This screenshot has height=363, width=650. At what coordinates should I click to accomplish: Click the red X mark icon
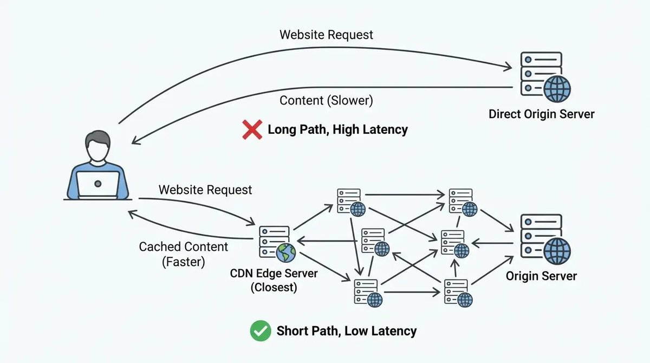252,130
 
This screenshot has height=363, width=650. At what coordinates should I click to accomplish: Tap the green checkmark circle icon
261,330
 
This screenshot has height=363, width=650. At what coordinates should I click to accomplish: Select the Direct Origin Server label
541,114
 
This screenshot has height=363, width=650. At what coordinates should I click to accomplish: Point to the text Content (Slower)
326,100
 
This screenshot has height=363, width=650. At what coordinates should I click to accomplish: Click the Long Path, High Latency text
337,130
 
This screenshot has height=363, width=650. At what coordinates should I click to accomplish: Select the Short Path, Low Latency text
347,331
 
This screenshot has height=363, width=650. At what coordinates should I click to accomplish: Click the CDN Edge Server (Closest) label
274,280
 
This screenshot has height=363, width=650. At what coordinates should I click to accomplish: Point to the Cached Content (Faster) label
184,254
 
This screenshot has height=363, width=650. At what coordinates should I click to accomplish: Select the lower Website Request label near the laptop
205,190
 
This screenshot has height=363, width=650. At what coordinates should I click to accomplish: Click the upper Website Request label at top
326,35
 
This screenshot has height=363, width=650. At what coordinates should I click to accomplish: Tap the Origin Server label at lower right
541,276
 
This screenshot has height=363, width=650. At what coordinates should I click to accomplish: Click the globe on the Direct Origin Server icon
557,89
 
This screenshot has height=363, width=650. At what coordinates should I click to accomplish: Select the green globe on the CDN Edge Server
285,252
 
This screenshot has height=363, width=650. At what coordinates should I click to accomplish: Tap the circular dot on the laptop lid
97,184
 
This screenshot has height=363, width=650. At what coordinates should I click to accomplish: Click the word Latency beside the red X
385,130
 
